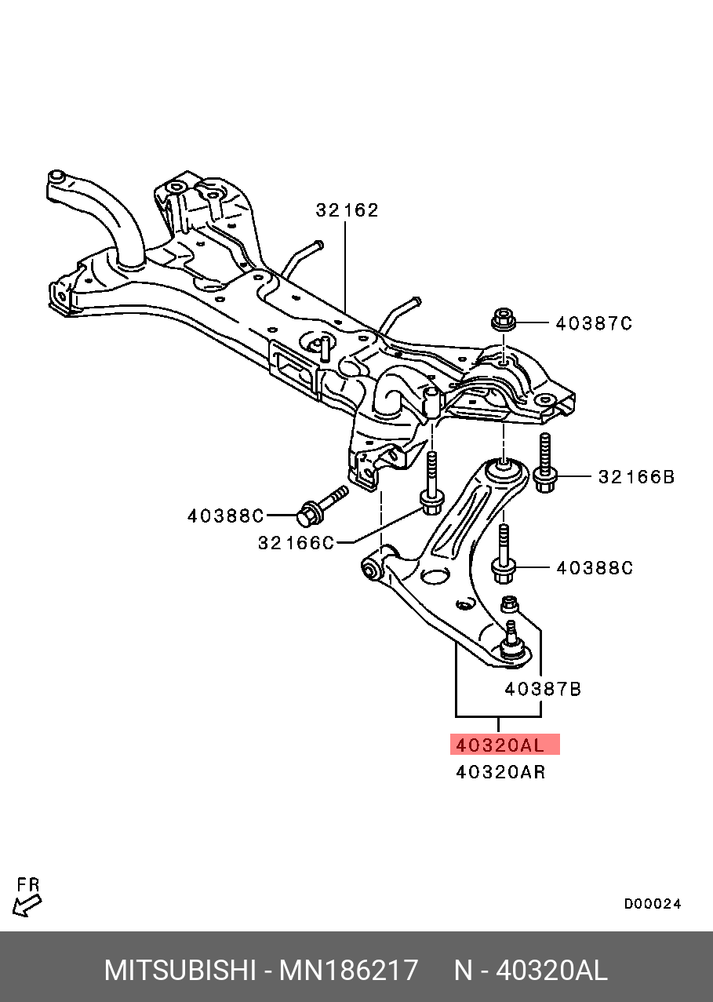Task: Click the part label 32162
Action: point(347,210)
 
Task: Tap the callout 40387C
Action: point(594,323)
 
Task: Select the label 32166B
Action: point(636,477)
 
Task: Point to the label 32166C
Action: point(296,543)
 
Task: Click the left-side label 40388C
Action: point(226,516)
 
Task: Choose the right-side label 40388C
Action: point(595,568)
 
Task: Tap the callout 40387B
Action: point(543,690)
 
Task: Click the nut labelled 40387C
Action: point(504,320)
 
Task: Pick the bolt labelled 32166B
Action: point(544,463)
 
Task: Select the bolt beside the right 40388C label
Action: point(504,554)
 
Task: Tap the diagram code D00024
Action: point(653,904)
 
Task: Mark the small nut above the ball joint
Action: point(510,604)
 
